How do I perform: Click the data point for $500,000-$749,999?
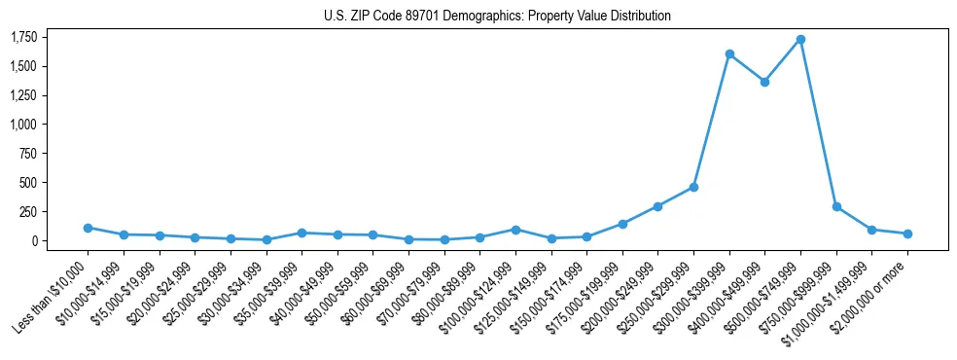(800, 39)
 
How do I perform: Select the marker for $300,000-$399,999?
(729, 54)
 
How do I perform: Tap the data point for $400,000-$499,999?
(764, 82)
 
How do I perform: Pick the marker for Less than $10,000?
(88, 228)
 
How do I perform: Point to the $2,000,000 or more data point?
(907, 234)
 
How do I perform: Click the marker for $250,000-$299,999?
(693, 187)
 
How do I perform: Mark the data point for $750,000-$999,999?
(836, 206)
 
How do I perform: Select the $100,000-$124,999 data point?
(515, 230)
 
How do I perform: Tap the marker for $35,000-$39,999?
(301, 233)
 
